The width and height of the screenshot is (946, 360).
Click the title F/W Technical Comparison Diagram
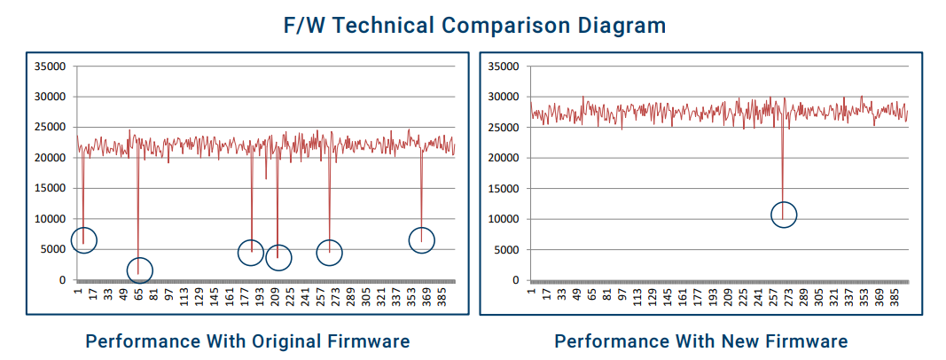(474, 25)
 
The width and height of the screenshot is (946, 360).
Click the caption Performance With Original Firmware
(247, 341)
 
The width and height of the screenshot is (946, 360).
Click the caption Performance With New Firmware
(701, 341)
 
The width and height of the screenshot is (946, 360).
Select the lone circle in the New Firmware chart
(784, 215)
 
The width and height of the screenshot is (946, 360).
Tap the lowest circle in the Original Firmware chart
(139, 270)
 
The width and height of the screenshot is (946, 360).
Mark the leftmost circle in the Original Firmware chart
(83, 240)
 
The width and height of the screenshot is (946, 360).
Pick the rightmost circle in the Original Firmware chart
(422, 239)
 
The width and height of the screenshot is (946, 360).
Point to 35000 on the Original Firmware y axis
(49, 67)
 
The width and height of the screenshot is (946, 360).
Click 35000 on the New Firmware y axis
(503, 67)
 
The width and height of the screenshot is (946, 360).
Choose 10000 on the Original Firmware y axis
(49, 219)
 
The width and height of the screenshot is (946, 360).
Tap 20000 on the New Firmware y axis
(503, 158)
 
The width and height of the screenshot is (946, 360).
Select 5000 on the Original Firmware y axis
(51, 250)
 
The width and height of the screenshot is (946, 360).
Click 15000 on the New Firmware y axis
(503, 189)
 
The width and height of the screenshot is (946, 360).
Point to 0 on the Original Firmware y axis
(62, 280)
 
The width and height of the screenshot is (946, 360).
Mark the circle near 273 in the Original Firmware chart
(329, 253)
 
